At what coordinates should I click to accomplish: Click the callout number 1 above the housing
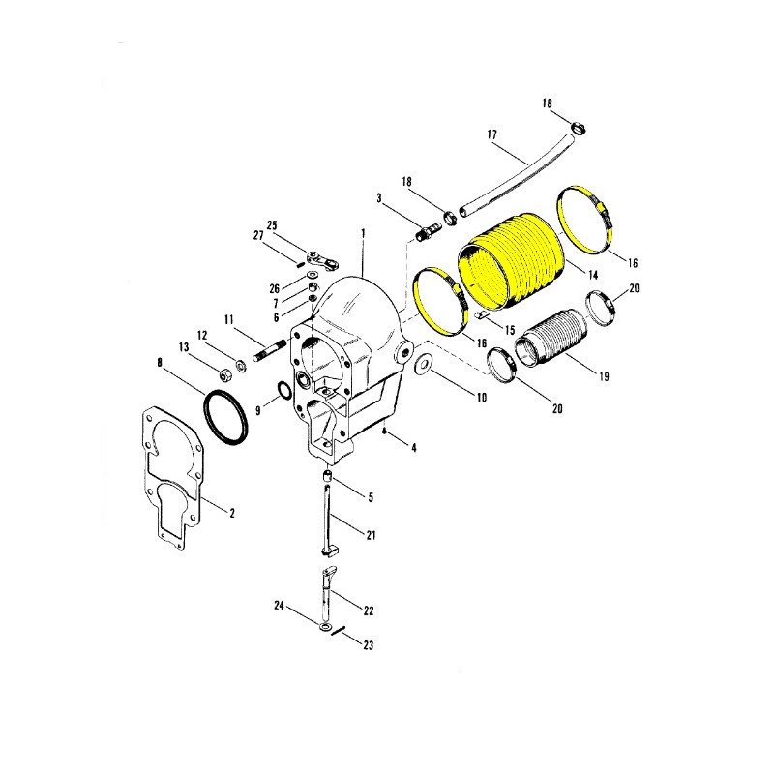364,232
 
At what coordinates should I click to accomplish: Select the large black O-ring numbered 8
225,417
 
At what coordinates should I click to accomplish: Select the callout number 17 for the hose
492,134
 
